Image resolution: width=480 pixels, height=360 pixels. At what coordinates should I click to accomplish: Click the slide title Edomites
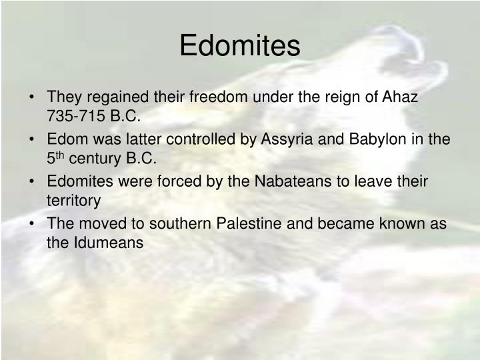[240, 45]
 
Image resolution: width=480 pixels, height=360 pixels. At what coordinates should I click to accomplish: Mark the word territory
[74, 201]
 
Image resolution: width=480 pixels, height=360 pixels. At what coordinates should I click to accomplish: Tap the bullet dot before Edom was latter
[33, 140]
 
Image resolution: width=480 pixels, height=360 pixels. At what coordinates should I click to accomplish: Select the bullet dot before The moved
[33, 224]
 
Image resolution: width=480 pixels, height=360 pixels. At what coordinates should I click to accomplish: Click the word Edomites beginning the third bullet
[77, 181]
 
